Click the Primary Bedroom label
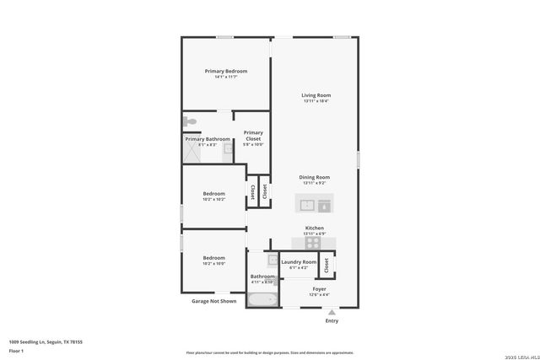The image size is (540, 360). click(226, 71)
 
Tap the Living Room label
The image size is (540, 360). click(316, 94)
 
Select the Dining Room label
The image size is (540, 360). click(314, 177)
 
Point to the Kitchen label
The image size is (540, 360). click(314, 228)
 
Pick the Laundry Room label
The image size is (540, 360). click(299, 261)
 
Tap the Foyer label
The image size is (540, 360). click(319, 288)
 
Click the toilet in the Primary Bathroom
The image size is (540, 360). click(191, 123)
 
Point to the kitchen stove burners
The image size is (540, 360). click(313, 242)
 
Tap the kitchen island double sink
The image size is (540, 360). click(314, 203)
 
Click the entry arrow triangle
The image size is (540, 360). click(332, 311)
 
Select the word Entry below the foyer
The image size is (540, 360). click(332, 320)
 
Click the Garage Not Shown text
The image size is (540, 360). click(213, 300)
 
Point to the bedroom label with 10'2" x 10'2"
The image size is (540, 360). click(213, 194)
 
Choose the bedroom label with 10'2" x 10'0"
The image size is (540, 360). click(213, 258)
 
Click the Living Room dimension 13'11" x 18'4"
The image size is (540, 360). click(316, 101)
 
